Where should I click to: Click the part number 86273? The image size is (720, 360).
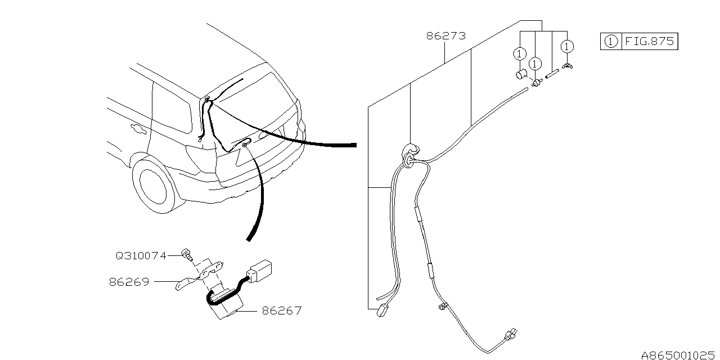446,37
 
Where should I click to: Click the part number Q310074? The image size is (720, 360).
141,255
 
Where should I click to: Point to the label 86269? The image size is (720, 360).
129,282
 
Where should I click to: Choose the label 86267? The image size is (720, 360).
281,310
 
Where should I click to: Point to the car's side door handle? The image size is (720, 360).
138,130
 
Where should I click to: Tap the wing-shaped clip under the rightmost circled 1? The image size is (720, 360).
568,68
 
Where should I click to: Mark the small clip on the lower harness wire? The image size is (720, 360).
442,307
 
